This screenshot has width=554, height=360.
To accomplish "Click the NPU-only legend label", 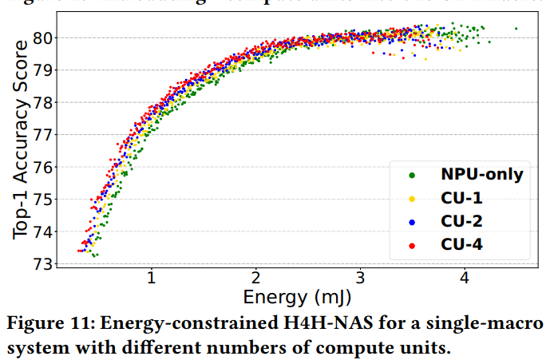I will tap(481, 173).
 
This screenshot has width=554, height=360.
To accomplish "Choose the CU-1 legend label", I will tap(462, 196).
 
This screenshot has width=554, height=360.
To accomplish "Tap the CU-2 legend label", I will tap(462, 220).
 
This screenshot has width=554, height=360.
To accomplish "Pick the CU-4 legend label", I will tap(462, 243).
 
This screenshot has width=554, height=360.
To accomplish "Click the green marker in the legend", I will tap(412, 174).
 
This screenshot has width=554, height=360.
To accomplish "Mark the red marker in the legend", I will tap(412, 244).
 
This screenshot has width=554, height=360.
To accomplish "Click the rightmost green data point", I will tap(516, 29).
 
